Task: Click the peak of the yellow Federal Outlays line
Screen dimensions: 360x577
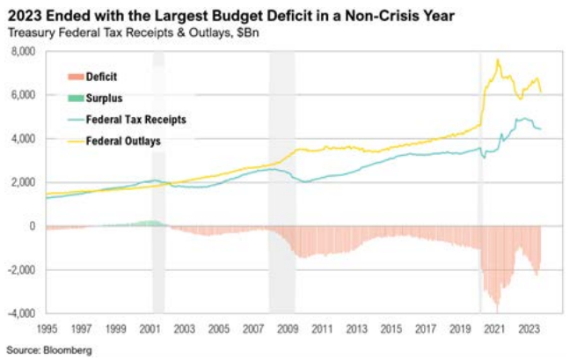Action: [x=498, y=60]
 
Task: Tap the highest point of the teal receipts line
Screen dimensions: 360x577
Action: [x=522, y=118]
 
